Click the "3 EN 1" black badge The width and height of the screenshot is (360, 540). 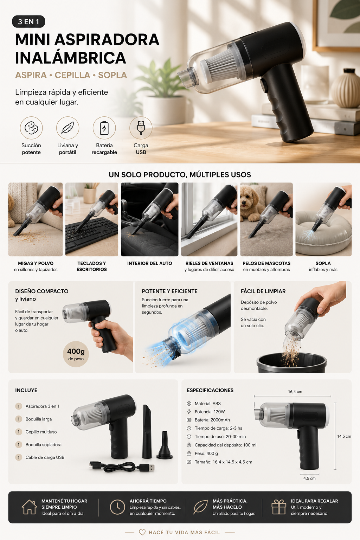28,22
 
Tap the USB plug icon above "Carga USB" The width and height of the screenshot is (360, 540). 141,128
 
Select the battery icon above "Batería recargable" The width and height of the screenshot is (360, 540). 104,128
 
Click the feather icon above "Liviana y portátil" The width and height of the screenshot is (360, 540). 67,128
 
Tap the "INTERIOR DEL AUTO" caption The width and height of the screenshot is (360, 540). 149,263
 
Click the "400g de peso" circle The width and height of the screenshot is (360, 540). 76,354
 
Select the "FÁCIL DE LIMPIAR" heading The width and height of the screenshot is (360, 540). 263,291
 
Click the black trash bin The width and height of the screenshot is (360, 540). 291,363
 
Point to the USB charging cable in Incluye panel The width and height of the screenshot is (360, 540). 122,467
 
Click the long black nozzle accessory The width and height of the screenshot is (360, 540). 147,431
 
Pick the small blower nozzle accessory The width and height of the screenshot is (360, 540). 165,445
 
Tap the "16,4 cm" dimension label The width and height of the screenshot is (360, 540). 295,392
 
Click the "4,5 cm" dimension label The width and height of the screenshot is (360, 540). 309,478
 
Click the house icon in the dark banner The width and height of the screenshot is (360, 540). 29,507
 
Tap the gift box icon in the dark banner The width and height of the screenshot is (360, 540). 279,507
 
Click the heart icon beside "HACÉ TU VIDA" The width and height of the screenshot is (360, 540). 142,532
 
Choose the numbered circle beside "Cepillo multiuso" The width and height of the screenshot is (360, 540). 19,432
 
